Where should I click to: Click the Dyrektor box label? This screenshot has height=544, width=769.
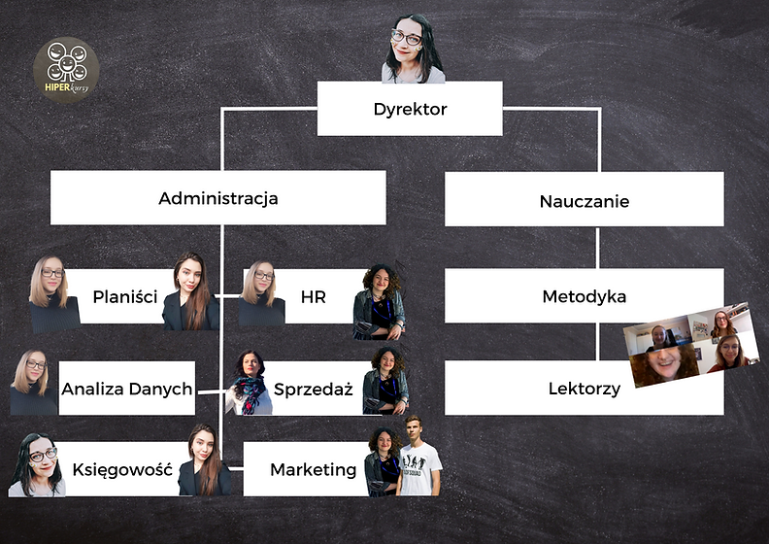coord(410,109)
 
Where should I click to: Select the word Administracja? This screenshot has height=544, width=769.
coord(218,198)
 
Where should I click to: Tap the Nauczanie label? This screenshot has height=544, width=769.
coord(585,202)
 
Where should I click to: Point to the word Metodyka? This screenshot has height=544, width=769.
coord(585,296)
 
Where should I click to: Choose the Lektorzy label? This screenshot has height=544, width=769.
coord(584,389)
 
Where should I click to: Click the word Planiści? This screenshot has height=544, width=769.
coord(125,296)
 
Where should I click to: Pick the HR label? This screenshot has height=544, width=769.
coord(313,296)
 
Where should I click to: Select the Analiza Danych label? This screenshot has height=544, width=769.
coord(127,389)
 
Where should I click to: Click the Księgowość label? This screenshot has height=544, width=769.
coord(122,470)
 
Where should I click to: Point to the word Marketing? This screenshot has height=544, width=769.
coord(313,470)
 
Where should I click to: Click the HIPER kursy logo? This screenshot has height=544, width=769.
coord(66,70)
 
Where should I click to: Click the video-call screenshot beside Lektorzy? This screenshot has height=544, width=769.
coord(691,344)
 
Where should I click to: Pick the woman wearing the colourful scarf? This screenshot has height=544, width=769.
coord(251,382)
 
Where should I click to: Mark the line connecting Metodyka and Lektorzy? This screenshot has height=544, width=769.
coord(596,342)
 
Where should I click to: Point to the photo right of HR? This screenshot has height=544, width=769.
coord(380,301)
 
